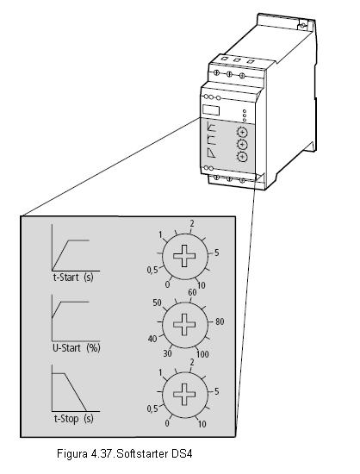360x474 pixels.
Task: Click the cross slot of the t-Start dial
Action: click(184, 256)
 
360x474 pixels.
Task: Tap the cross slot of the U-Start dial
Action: click(184, 324)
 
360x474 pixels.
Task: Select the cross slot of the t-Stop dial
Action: click(184, 394)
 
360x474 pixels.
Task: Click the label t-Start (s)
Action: click(73, 278)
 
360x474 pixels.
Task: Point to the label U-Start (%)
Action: click(77, 347)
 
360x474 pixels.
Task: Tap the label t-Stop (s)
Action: click(74, 419)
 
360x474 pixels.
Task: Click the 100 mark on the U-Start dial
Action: click(202, 353)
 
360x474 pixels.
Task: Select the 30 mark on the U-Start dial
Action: click(168, 353)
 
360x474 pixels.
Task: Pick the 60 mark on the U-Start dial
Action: click(192, 292)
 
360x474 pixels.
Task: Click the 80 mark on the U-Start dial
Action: click(220, 321)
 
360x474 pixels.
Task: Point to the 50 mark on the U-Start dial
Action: click(157, 302)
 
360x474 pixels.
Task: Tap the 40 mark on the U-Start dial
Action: click(152, 339)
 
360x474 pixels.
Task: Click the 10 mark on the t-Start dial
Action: click(202, 285)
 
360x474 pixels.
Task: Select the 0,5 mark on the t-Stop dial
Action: click(152, 409)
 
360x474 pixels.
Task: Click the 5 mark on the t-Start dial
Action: click(216, 253)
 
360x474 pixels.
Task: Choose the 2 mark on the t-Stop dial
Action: click(192, 362)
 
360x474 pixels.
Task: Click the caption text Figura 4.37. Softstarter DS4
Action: click(124, 453)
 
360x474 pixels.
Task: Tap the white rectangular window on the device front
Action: click(211, 109)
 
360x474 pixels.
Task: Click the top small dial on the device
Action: click(242, 132)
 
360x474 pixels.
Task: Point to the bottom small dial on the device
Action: click(242, 157)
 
